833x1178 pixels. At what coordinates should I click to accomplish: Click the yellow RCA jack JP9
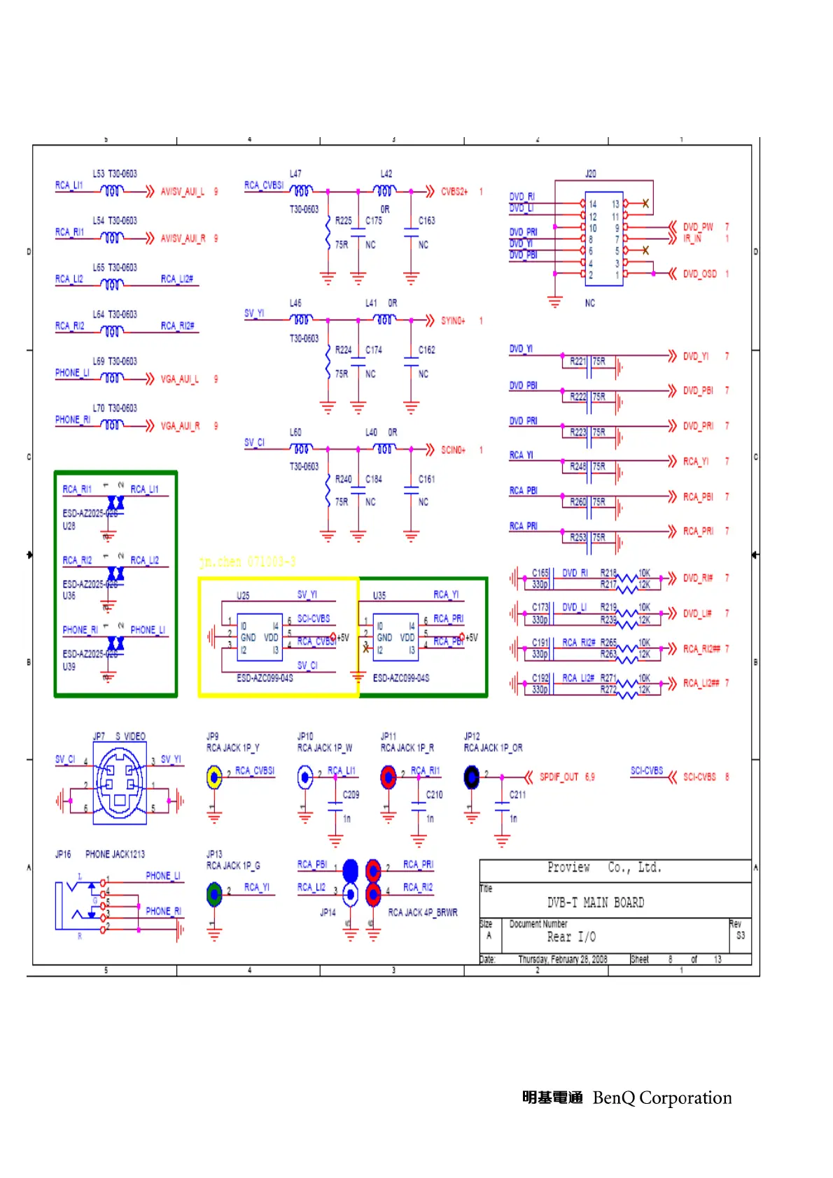coord(214,776)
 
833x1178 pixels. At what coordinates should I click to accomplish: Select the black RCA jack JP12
coord(472,776)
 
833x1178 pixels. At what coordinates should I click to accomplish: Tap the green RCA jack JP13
coord(214,893)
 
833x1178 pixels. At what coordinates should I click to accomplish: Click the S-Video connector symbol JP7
coord(119,783)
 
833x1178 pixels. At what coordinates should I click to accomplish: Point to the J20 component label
coord(590,173)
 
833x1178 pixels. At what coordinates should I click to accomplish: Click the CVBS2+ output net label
coord(454,192)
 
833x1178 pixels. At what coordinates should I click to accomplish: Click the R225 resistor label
coord(343,220)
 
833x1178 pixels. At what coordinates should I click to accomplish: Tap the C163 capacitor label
coord(426,220)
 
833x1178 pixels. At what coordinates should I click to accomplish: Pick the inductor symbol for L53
coord(112,190)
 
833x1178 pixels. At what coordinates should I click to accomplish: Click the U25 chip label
coord(243,596)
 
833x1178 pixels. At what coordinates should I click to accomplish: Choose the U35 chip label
coord(379,596)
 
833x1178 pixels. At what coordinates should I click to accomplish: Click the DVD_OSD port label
coord(699,274)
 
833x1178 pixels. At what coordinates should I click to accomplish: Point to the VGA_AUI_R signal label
coord(180,426)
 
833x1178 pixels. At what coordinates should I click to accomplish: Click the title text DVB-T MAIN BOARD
coord(595,902)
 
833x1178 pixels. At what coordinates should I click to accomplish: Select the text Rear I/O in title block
coord(571,937)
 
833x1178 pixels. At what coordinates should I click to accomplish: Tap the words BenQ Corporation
coord(661,1098)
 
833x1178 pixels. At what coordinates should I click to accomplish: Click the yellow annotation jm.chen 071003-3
coord(247,562)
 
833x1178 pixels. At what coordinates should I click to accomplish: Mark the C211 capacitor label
coord(517,795)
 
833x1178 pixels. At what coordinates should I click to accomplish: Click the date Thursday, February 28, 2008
coord(562,959)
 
